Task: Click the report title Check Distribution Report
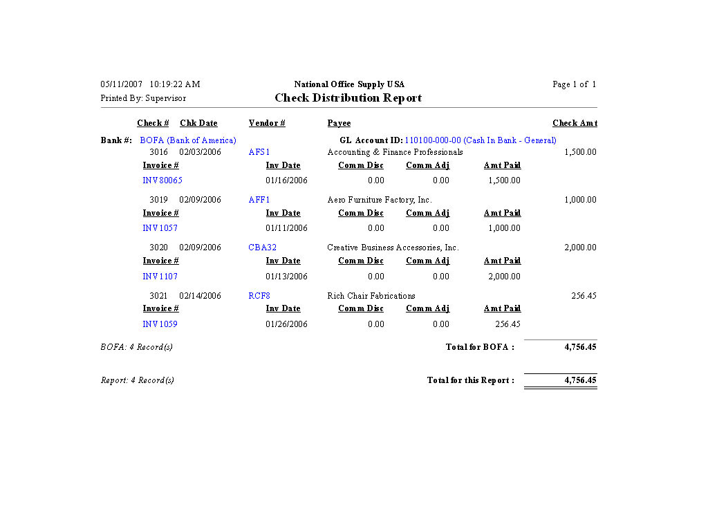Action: point(348,98)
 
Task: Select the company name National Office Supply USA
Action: point(349,84)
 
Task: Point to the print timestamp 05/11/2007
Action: point(122,84)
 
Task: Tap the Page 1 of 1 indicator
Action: point(574,84)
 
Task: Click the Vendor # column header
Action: point(267,123)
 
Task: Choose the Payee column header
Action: point(339,123)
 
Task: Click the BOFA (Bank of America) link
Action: point(188,140)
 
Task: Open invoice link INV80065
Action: point(162,180)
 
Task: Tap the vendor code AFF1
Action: point(259,200)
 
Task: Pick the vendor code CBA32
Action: point(263,248)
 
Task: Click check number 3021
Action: point(158,296)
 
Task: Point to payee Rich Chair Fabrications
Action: point(371,296)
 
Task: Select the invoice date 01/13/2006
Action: point(287,277)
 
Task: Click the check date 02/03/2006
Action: point(201,152)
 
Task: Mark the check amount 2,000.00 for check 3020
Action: point(580,248)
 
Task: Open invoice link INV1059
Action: point(160,324)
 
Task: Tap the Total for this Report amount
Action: point(580,380)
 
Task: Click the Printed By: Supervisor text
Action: point(143,98)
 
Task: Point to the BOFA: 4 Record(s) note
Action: point(137,347)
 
